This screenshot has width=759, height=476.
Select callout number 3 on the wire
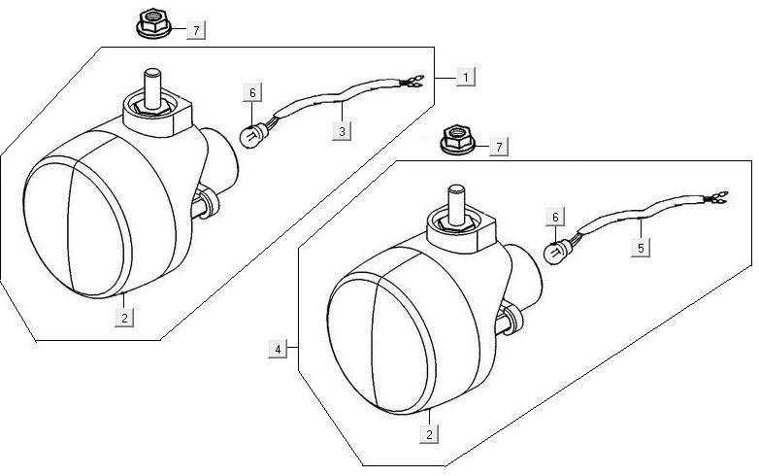click(x=341, y=129)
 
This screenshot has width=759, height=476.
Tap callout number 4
click(x=280, y=348)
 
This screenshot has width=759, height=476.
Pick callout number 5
click(x=641, y=248)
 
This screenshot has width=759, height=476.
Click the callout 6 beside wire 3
click(x=252, y=93)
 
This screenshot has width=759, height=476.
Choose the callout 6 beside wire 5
click(x=554, y=217)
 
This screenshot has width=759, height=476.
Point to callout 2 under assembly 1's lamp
click(x=125, y=316)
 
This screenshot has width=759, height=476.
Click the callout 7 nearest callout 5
click(x=498, y=147)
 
